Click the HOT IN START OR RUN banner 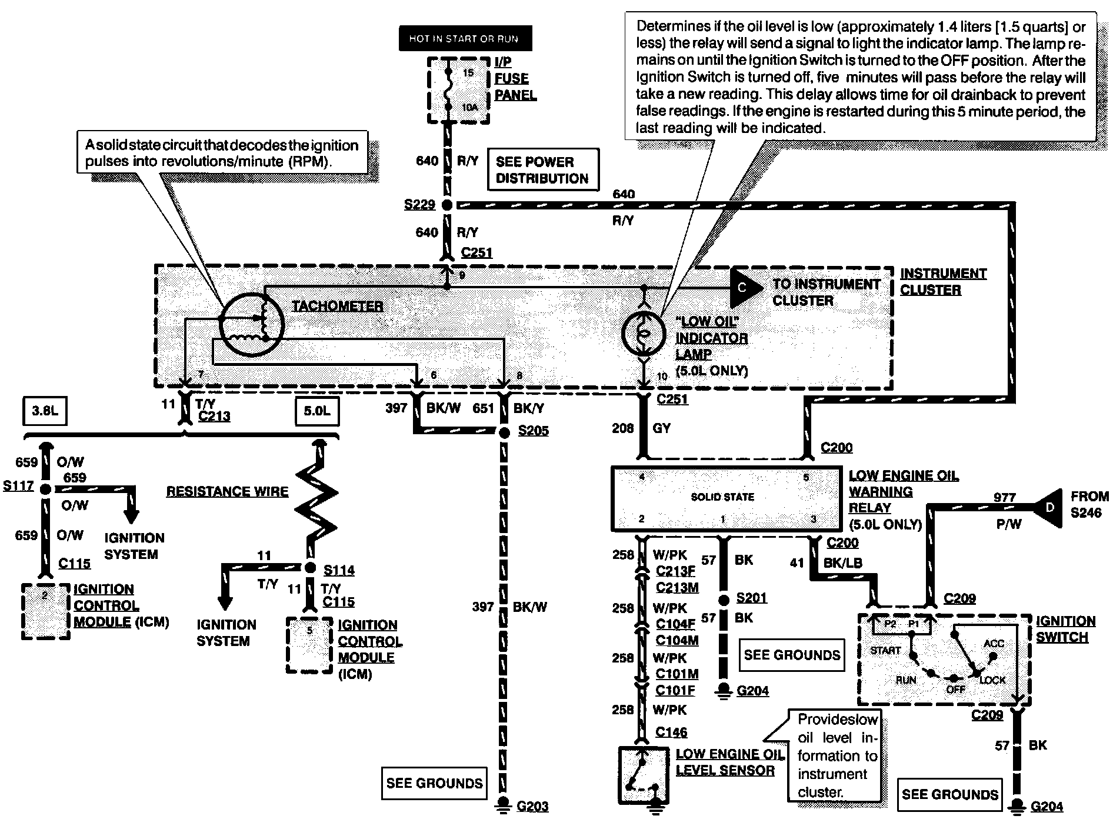[465, 39]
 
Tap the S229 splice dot [446, 205]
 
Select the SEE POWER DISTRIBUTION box [542, 169]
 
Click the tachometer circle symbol [251, 324]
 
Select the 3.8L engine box [45, 410]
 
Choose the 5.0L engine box [316, 410]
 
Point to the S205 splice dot [504, 432]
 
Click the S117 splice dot [45, 488]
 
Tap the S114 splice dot [310, 567]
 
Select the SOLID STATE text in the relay [722, 497]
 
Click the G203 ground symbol [504, 804]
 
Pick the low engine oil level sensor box [644, 775]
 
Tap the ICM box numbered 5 [310, 645]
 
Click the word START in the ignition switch [886, 650]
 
